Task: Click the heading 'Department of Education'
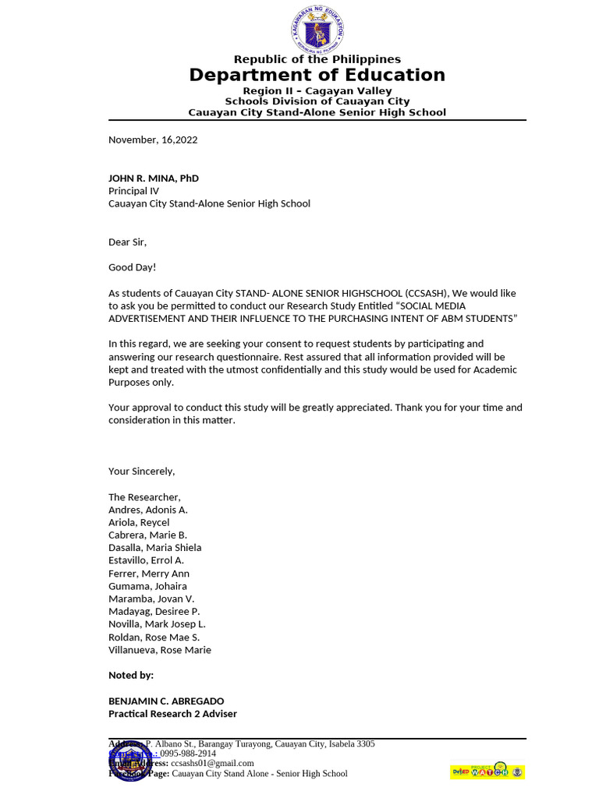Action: (x=317, y=75)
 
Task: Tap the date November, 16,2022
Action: (x=153, y=140)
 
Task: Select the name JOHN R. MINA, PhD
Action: (x=154, y=178)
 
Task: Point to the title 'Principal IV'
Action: (x=133, y=191)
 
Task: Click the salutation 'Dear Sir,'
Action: (x=127, y=242)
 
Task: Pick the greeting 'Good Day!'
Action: (x=132, y=268)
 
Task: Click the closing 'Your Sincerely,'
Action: (x=142, y=471)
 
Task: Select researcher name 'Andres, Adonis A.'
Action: (x=148, y=510)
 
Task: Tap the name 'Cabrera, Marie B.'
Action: (x=147, y=535)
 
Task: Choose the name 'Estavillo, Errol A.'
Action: (x=146, y=560)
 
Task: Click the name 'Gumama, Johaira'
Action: (x=147, y=586)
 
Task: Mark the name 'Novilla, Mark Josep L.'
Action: (x=157, y=624)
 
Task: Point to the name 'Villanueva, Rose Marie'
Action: (x=160, y=650)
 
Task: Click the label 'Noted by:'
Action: (x=131, y=675)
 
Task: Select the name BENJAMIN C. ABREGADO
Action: (x=166, y=701)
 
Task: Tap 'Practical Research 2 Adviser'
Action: (x=172, y=714)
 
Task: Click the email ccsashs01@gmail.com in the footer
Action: (x=212, y=764)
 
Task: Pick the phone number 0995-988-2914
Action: (x=188, y=754)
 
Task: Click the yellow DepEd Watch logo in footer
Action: (x=487, y=772)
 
